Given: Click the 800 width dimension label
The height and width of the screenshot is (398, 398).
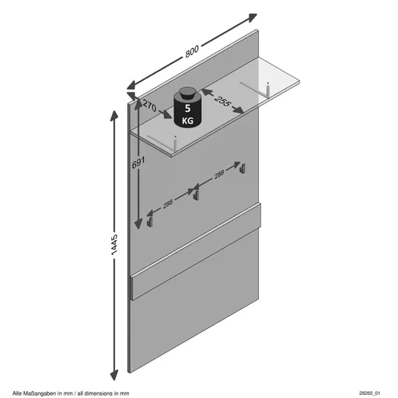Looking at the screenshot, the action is [x=192, y=51].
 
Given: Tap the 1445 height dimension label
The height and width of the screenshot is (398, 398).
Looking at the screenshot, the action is [x=114, y=245].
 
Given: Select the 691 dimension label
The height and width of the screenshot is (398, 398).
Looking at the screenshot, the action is [x=138, y=162].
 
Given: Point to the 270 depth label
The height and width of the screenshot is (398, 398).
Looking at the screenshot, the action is [x=150, y=106].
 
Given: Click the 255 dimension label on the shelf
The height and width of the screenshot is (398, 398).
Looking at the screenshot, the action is [x=223, y=101].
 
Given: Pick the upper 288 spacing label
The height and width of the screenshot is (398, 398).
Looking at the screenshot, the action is [x=219, y=174].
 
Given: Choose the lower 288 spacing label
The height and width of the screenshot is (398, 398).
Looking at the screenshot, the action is [x=168, y=204].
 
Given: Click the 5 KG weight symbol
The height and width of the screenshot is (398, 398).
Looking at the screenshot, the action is [x=187, y=107].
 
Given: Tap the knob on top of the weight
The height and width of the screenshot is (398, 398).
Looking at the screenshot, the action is [x=187, y=93].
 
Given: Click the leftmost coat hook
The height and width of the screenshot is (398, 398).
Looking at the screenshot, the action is [x=150, y=222].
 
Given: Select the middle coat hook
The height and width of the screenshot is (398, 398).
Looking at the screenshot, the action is [x=196, y=195].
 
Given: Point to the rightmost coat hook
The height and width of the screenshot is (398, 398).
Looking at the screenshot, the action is [x=243, y=168].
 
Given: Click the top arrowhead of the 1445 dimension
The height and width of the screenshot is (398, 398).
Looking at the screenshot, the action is [x=114, y=116].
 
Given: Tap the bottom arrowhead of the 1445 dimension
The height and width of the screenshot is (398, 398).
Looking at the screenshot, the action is [x=114, y=375].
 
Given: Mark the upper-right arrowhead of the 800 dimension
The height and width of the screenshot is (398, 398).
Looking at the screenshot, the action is [x=251, y=17].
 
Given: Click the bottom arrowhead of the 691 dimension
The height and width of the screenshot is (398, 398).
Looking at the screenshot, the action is [x=138, y=224].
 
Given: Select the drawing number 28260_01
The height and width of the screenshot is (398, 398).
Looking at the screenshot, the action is [x=369, y=393].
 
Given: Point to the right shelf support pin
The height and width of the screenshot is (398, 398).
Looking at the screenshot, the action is [x=268, y=89].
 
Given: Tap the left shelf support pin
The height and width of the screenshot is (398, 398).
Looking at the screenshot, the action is [x=175, y=143].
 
